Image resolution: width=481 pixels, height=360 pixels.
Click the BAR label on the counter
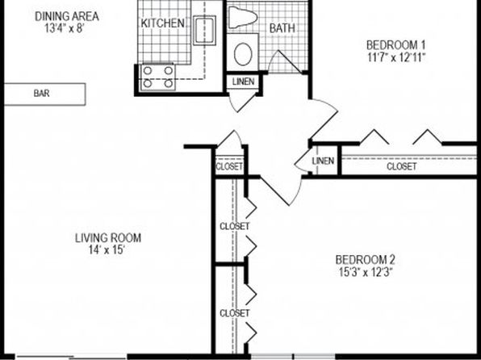tap(41, 94)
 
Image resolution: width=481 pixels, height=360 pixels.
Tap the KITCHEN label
tap(163, 23)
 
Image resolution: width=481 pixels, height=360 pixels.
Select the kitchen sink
tap(204, 31)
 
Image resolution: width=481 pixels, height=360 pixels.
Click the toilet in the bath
tap(243, 17)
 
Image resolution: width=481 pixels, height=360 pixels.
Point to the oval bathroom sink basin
tap(243, 54)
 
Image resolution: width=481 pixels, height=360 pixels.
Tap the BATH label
tap(282, 28)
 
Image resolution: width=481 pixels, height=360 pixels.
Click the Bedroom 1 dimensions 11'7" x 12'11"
tap(396, 57)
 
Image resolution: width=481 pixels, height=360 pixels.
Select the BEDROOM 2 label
tap(365, 260)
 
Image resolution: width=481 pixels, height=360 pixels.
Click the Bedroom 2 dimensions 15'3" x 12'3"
tap(366, 272)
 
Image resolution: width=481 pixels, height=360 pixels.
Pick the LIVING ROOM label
tap(108, 238)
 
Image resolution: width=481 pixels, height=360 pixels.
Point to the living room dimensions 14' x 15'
tap(107, 250)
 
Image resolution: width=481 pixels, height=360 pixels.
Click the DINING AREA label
tap(67, 16)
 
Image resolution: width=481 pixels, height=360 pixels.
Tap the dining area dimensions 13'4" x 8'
tap(65, 28)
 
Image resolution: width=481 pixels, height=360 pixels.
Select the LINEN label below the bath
tap(243, 82)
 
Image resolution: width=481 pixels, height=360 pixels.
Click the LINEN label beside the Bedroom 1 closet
tap(323, 161)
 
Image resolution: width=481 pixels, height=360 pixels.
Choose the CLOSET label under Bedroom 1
tap(402, 166)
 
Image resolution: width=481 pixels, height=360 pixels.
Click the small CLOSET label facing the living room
tap(229, 166)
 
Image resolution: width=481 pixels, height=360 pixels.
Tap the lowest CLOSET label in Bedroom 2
tap(235, 313)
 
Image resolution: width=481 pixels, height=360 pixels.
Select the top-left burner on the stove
tap(148, 71)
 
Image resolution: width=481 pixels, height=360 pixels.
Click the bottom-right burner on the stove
tap(168, 83)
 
